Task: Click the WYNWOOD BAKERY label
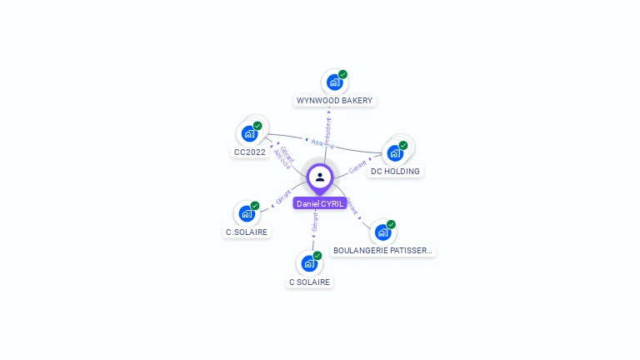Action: (335, 101)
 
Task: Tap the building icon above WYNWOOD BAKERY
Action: (334, 82)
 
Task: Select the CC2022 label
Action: (250, 152)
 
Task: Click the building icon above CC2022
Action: (248, 133)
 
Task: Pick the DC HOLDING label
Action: (396, 172)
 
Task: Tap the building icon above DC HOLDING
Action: (395, 152)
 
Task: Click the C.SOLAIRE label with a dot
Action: (247, 232)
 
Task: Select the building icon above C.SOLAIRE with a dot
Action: (246, 213)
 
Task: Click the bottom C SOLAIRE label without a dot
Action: (310, 282)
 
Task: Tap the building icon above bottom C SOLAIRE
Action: (308, 263)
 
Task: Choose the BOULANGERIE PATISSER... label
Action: (383, 250)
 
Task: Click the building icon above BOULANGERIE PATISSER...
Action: (382, 232)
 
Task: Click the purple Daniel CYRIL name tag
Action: (320, 203)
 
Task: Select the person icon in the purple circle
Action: (320, 177)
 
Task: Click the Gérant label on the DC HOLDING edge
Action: (358, 166)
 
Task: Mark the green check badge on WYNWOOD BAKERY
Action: (342, 74)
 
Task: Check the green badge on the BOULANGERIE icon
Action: (391, 224)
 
